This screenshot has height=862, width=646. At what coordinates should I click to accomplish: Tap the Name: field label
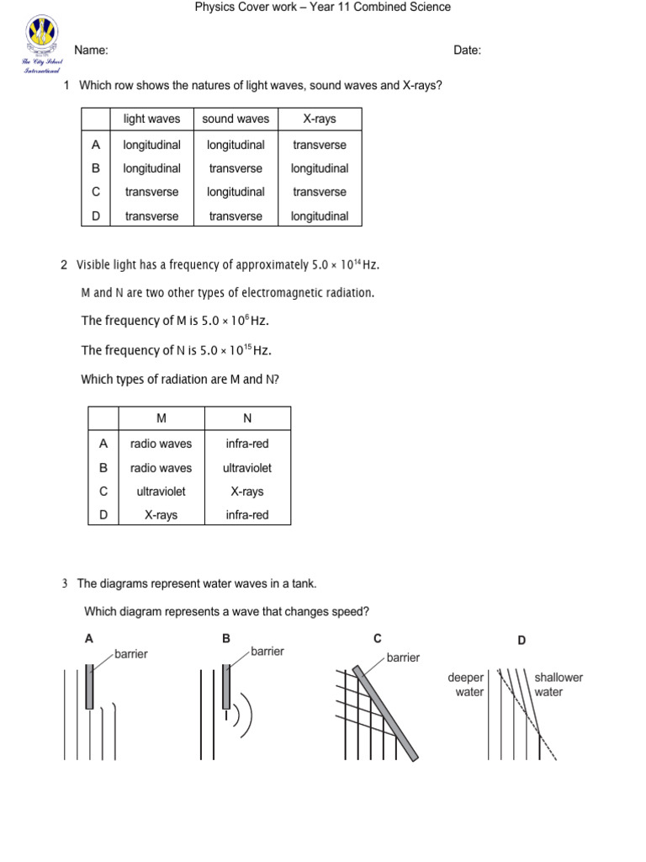pyautogui.click(x=91, y=51)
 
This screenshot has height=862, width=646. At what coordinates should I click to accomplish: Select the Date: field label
pyautogui.click(x=467, y=51)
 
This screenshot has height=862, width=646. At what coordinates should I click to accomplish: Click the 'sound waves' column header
pyautogui.click(x=236, y=120)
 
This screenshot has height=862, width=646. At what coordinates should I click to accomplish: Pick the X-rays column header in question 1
pyautogui.click(x=320, y=120)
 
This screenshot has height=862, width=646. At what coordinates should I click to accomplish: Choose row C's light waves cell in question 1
pyautogui.click(x=151, y=192)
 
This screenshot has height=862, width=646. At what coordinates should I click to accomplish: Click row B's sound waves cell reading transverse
pyautogui.click(x=236, y=168)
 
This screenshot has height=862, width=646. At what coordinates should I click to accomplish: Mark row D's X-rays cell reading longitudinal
pyautogui.click(x=320, y=216)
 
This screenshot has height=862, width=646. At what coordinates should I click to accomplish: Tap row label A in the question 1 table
pyautogui.click(x=96, y=145)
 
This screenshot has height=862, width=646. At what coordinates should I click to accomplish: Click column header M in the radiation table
pyautogui.click(x=161, y=418)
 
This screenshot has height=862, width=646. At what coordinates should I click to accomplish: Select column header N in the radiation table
pyautogui.click(x=247, y=418)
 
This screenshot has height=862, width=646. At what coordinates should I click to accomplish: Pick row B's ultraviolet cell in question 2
pyautogui.click(x=247, y=468)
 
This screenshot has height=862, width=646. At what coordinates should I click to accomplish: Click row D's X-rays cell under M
pyautogui.click(x=161, y=515)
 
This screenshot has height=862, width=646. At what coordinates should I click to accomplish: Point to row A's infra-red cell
pyautogui.click(x=247, y=444)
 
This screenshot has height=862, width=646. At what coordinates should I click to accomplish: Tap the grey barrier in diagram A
pyautogui.click(x=90, y=686)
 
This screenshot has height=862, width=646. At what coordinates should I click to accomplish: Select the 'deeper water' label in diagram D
pyautogui.click(x=466, y=684)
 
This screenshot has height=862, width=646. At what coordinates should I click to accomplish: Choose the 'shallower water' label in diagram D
pyautogui.click(x=559, y=684)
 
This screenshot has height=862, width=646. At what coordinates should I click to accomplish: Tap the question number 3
pyautogui.click(x=64, y=583)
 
